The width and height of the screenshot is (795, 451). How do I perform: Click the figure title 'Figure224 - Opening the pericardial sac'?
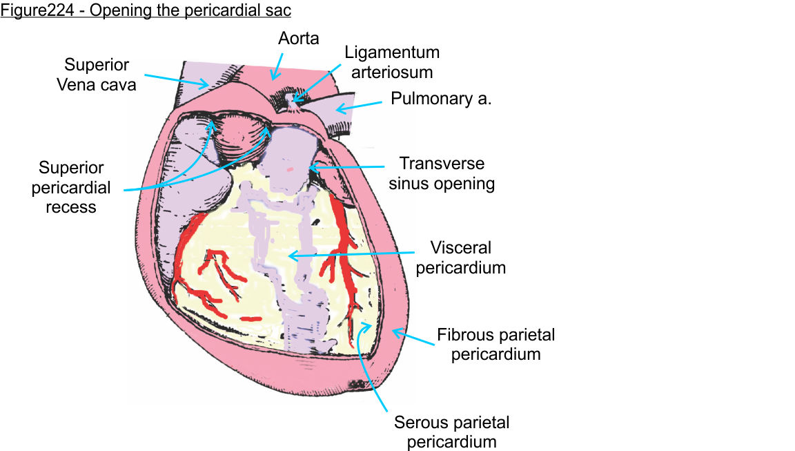[146, 12]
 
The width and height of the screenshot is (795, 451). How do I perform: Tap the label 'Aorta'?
[299, 38]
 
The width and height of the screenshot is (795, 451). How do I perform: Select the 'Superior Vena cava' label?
[97, 75]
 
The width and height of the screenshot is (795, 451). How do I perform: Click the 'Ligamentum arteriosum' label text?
[392, 62]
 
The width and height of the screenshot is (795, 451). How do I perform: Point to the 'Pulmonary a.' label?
[441, 99]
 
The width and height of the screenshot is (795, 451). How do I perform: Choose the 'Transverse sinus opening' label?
[442, 173]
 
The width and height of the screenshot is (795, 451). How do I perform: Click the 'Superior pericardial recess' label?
[71, 187]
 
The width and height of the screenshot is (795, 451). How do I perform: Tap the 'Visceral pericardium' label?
[460, 257]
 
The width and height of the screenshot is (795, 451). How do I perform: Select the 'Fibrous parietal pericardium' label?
[496, 345]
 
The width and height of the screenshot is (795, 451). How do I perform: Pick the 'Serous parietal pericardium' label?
[451, 432]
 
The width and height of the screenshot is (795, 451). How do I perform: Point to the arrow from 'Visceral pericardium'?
[352, 254]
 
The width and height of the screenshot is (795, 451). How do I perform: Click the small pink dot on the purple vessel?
[291, 169]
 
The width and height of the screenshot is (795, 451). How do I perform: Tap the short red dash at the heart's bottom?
[251, 318]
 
